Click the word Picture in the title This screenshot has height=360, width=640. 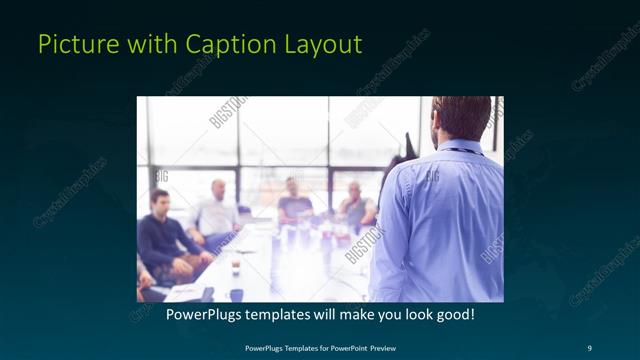[71, 45]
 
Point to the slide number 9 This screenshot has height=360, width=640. [587, 348]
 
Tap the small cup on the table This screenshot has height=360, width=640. [236, 267]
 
